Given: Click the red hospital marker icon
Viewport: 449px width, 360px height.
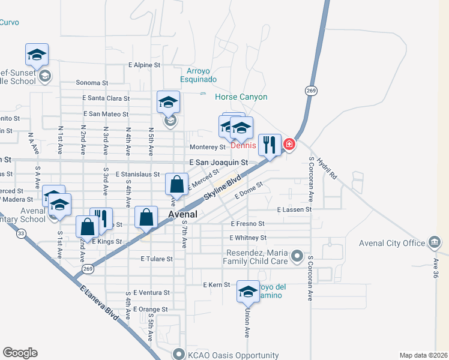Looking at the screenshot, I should tap(289, 145).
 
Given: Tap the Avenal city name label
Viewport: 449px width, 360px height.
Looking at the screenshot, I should tap(183, 214).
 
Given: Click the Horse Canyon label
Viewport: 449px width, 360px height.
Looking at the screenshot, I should tap(241, 97).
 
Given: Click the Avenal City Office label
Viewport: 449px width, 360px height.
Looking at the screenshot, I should tap(392, 243).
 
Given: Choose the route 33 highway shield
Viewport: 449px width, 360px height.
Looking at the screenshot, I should tap(21, 234).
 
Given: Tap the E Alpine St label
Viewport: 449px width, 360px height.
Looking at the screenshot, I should tap(145, 65).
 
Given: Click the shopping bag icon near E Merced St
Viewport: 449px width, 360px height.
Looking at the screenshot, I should tap(177, 185).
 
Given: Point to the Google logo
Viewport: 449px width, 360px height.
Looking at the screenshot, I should tap(20, 352).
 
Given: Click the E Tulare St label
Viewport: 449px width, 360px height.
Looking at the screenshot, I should tap(157, 259).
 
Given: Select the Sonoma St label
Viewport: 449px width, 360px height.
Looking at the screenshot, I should tap(91, 83).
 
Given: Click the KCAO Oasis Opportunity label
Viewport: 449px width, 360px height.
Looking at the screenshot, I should tap(233, 355).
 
